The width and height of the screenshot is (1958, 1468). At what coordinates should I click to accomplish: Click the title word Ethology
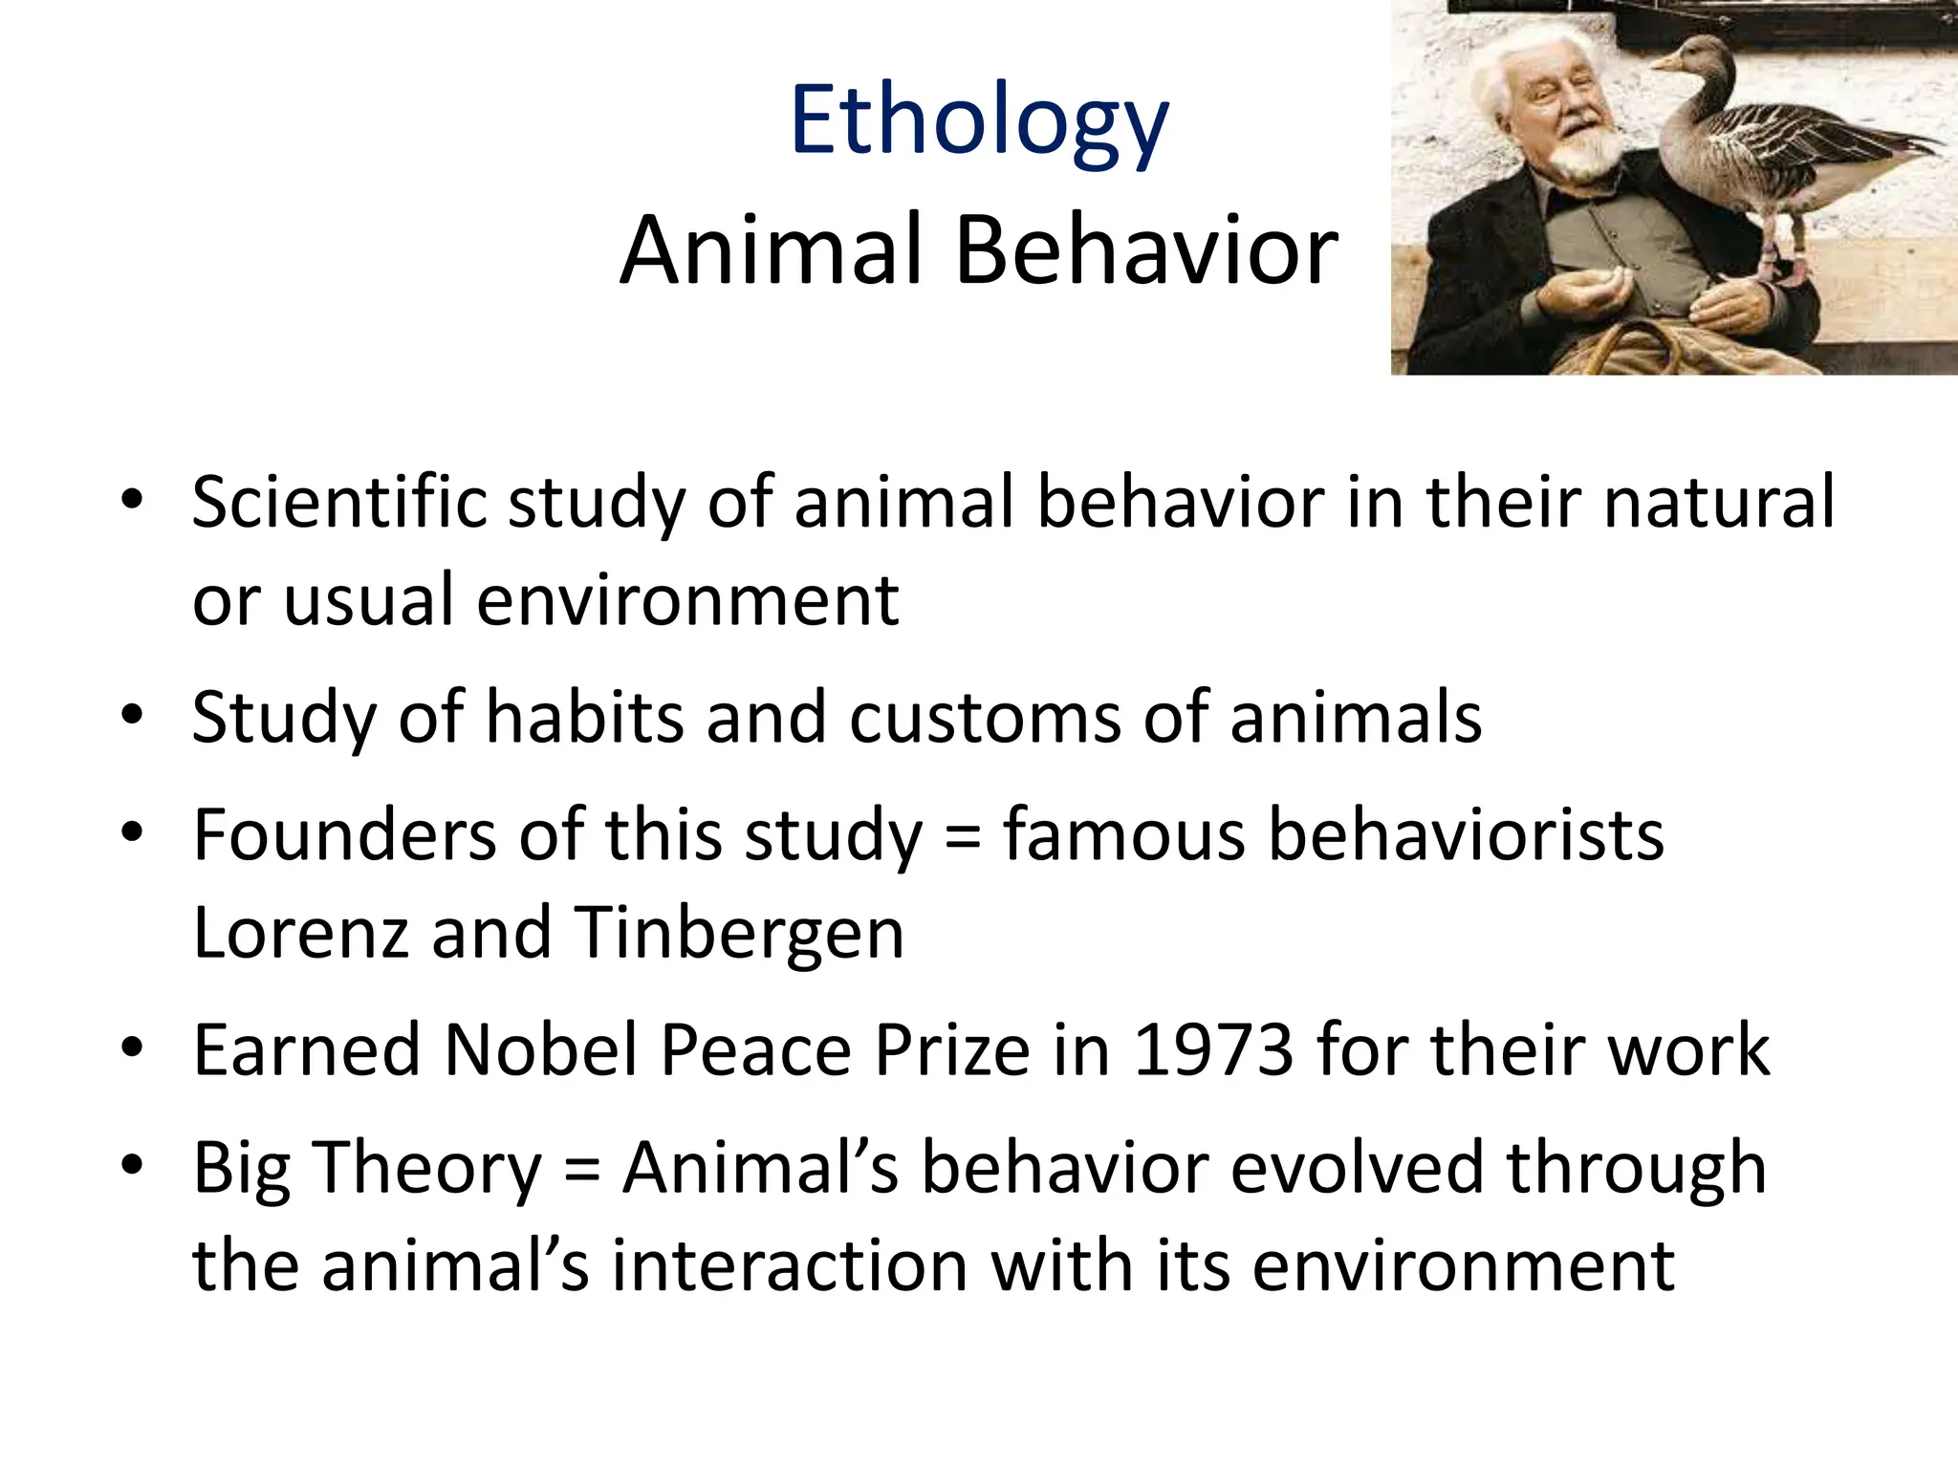[979, 122]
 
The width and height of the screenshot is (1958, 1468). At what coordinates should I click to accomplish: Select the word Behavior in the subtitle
[1146, 250]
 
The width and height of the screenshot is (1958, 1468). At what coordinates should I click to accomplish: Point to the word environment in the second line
[687, 601]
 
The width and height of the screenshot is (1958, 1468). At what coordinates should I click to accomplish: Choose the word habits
[584, 718]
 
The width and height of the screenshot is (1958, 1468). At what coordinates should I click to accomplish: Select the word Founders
[344, 835]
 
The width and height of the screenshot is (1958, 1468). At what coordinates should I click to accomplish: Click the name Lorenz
[300, 933]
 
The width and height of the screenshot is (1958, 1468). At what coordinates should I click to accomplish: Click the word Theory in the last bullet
[427, 1169]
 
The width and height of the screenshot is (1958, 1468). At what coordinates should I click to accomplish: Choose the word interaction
[790, 1266]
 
